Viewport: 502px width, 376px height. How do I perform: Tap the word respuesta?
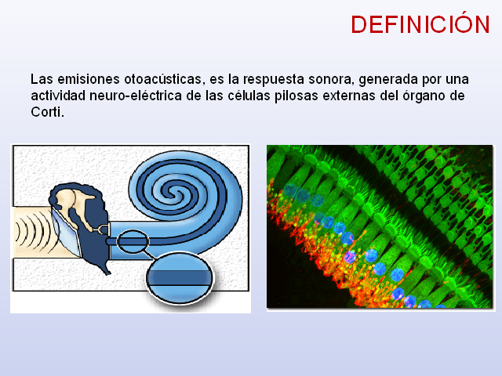tap(273, 80)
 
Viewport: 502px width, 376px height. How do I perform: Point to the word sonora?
tap(331, 79)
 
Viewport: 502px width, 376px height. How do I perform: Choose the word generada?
tap(388, 80)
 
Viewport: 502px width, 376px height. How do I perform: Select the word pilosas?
tap(296, 96)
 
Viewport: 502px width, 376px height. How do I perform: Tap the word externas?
tap(349, 96)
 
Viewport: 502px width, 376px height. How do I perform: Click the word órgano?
tap(424, 96)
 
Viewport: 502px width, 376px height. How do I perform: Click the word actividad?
tap(58, 96)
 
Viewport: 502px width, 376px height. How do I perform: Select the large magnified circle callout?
tap(180, 277)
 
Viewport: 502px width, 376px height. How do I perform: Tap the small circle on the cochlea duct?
tap(133, 241)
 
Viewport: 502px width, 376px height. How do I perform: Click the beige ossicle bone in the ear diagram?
tap(74, 204)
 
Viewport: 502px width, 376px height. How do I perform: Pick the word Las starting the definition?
tap(42, 79)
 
